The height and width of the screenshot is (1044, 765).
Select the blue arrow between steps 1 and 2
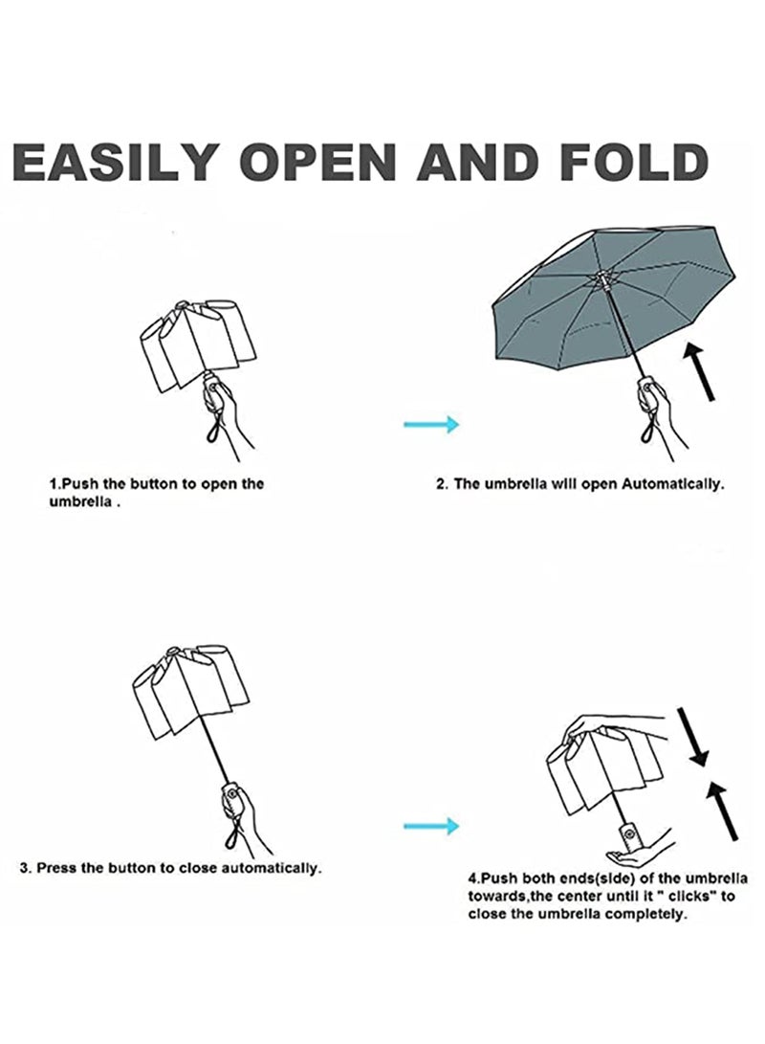pos(431,424)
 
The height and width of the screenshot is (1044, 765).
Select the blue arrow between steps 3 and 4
pos(431,824)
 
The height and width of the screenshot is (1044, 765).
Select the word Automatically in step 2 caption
pos(672,484)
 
